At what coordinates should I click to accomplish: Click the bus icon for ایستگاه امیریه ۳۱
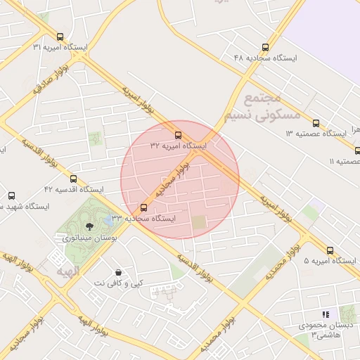[60, 37]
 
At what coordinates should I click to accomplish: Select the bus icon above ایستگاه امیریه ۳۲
[178, 135]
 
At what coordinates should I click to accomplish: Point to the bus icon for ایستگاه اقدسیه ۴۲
[73, 179]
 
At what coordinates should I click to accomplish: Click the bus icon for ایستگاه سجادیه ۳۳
[144, 207]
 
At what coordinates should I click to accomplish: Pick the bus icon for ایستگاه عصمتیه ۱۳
[316, 123]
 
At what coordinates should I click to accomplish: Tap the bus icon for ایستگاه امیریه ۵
[330, 250]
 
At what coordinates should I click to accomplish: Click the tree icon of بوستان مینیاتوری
[89, 226]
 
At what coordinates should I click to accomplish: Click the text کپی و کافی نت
[118, 283]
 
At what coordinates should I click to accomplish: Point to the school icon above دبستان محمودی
[325, 314]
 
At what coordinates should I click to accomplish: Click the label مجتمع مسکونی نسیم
[262, 107]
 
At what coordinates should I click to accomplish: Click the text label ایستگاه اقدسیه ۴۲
[73, 190]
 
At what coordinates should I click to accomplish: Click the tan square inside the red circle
[200, 223]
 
